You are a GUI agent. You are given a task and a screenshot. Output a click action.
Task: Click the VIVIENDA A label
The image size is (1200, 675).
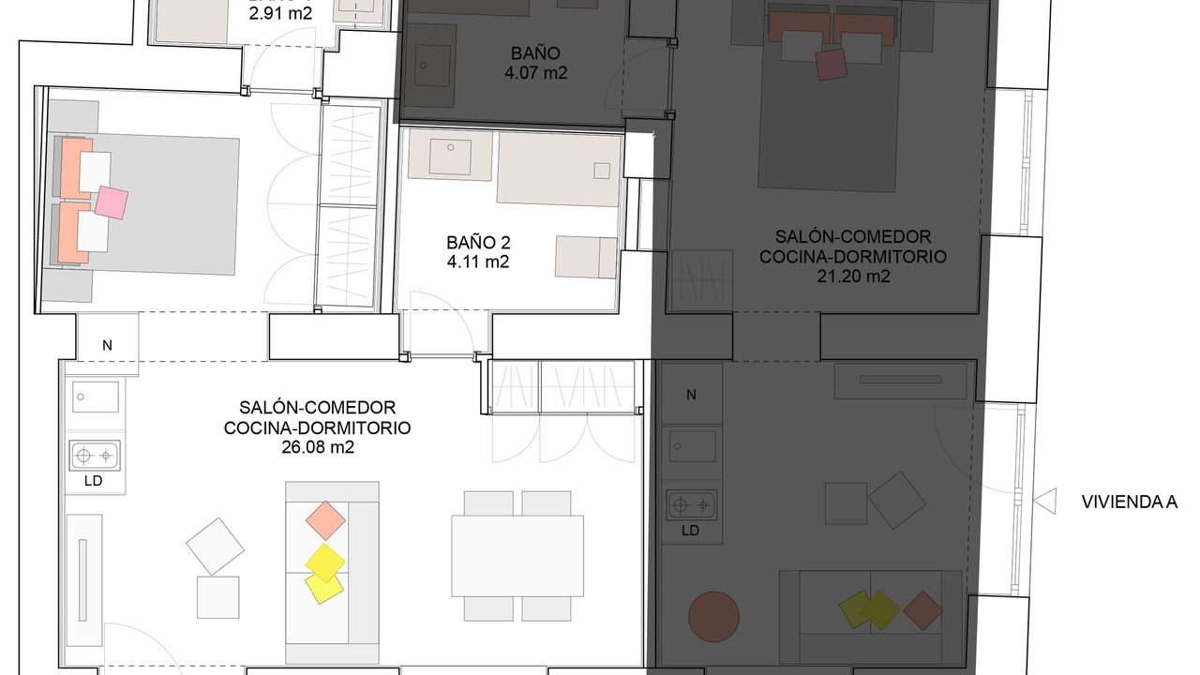(x=1130, y=502)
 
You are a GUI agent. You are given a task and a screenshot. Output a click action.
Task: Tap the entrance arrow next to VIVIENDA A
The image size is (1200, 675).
(x=1044, y=502)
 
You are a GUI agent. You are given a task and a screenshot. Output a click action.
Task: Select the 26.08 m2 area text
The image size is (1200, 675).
(x=318, y=447)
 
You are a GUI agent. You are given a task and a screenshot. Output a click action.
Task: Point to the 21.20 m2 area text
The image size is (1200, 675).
(x=853, y=277)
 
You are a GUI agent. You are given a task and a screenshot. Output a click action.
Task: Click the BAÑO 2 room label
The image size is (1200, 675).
(x=478, y=243)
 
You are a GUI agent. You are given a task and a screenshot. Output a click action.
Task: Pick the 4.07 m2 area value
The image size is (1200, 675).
(x=535, y=73)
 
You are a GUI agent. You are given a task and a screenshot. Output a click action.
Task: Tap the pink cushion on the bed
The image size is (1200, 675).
(x=112, y=202)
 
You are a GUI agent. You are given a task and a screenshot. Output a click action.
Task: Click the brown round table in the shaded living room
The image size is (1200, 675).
(x=713, y=617)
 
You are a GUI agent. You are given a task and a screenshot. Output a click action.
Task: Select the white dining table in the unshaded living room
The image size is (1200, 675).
(x=517, y=556)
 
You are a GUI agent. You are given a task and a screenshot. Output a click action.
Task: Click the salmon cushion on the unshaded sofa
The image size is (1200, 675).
(x=325, y=520)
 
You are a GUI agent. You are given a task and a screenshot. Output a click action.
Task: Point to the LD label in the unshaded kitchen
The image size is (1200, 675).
(x=93, y=481)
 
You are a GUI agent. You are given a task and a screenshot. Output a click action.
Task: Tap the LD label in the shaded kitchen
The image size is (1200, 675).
(x=691, y=531)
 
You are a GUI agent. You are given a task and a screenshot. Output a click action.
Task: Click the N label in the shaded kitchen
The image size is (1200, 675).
(x=691, y=395)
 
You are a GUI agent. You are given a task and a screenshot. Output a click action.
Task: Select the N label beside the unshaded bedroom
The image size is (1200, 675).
(x=107, y=346)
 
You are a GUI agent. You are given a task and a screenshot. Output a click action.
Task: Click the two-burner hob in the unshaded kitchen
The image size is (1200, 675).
(x=95, y=456)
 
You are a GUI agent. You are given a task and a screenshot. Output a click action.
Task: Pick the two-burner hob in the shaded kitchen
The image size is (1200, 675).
(x=691, y=505)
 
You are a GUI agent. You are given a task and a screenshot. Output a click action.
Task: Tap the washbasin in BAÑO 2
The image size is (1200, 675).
(x=450, y=157)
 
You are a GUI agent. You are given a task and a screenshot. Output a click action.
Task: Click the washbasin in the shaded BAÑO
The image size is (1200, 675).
(x=432, y=66)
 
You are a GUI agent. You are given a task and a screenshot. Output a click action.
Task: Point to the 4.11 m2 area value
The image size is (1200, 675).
(x=478, y=262)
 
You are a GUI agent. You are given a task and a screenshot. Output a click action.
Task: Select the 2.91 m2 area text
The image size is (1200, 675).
(x=280, y=13)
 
